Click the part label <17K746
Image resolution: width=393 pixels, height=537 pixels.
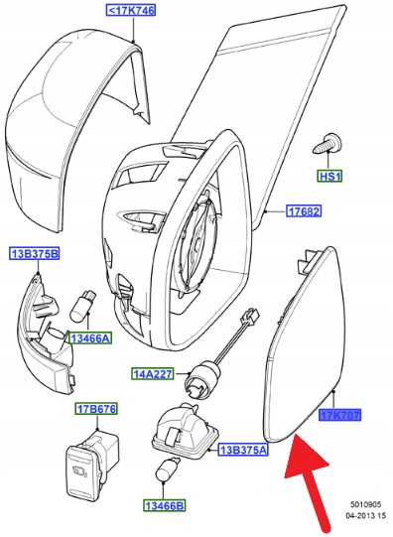[130, 10]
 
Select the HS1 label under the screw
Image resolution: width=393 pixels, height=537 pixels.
[329, 177]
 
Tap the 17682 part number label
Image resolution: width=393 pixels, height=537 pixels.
[304, 211]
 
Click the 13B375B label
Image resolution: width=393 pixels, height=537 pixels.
[34, 254]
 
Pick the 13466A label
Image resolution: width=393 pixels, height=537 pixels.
[90, 338]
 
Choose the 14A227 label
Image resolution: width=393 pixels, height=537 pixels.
[153, 373]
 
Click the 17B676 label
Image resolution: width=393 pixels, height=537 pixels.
[96, 409]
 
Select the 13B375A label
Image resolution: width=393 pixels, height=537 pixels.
[243, 450]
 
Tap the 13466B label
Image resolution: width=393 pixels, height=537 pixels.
[164, 505]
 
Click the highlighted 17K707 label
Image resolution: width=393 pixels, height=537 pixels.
[340, 416]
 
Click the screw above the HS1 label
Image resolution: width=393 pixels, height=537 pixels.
[327, 144]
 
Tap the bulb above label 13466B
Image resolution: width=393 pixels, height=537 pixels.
[167, 470]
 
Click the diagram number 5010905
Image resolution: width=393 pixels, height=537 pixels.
[365, 504]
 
